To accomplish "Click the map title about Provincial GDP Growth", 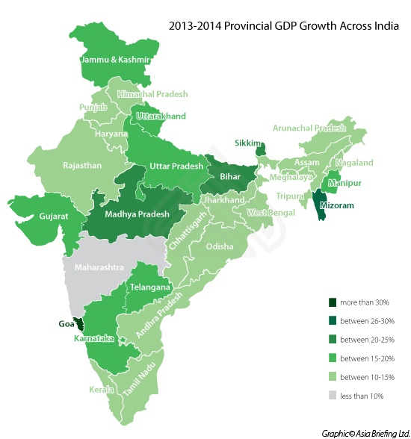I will [x=283, y=26].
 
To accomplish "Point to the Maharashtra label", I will [x=99, y=267].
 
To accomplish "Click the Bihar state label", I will [x=230, y=178].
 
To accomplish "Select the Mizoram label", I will [x=333, y=205].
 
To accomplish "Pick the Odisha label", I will [x=220, y=246].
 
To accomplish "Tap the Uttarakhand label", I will [x=160, y=116].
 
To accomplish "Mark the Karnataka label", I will [x=94, y=339].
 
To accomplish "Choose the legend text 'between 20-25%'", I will [x=365, y=340].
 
